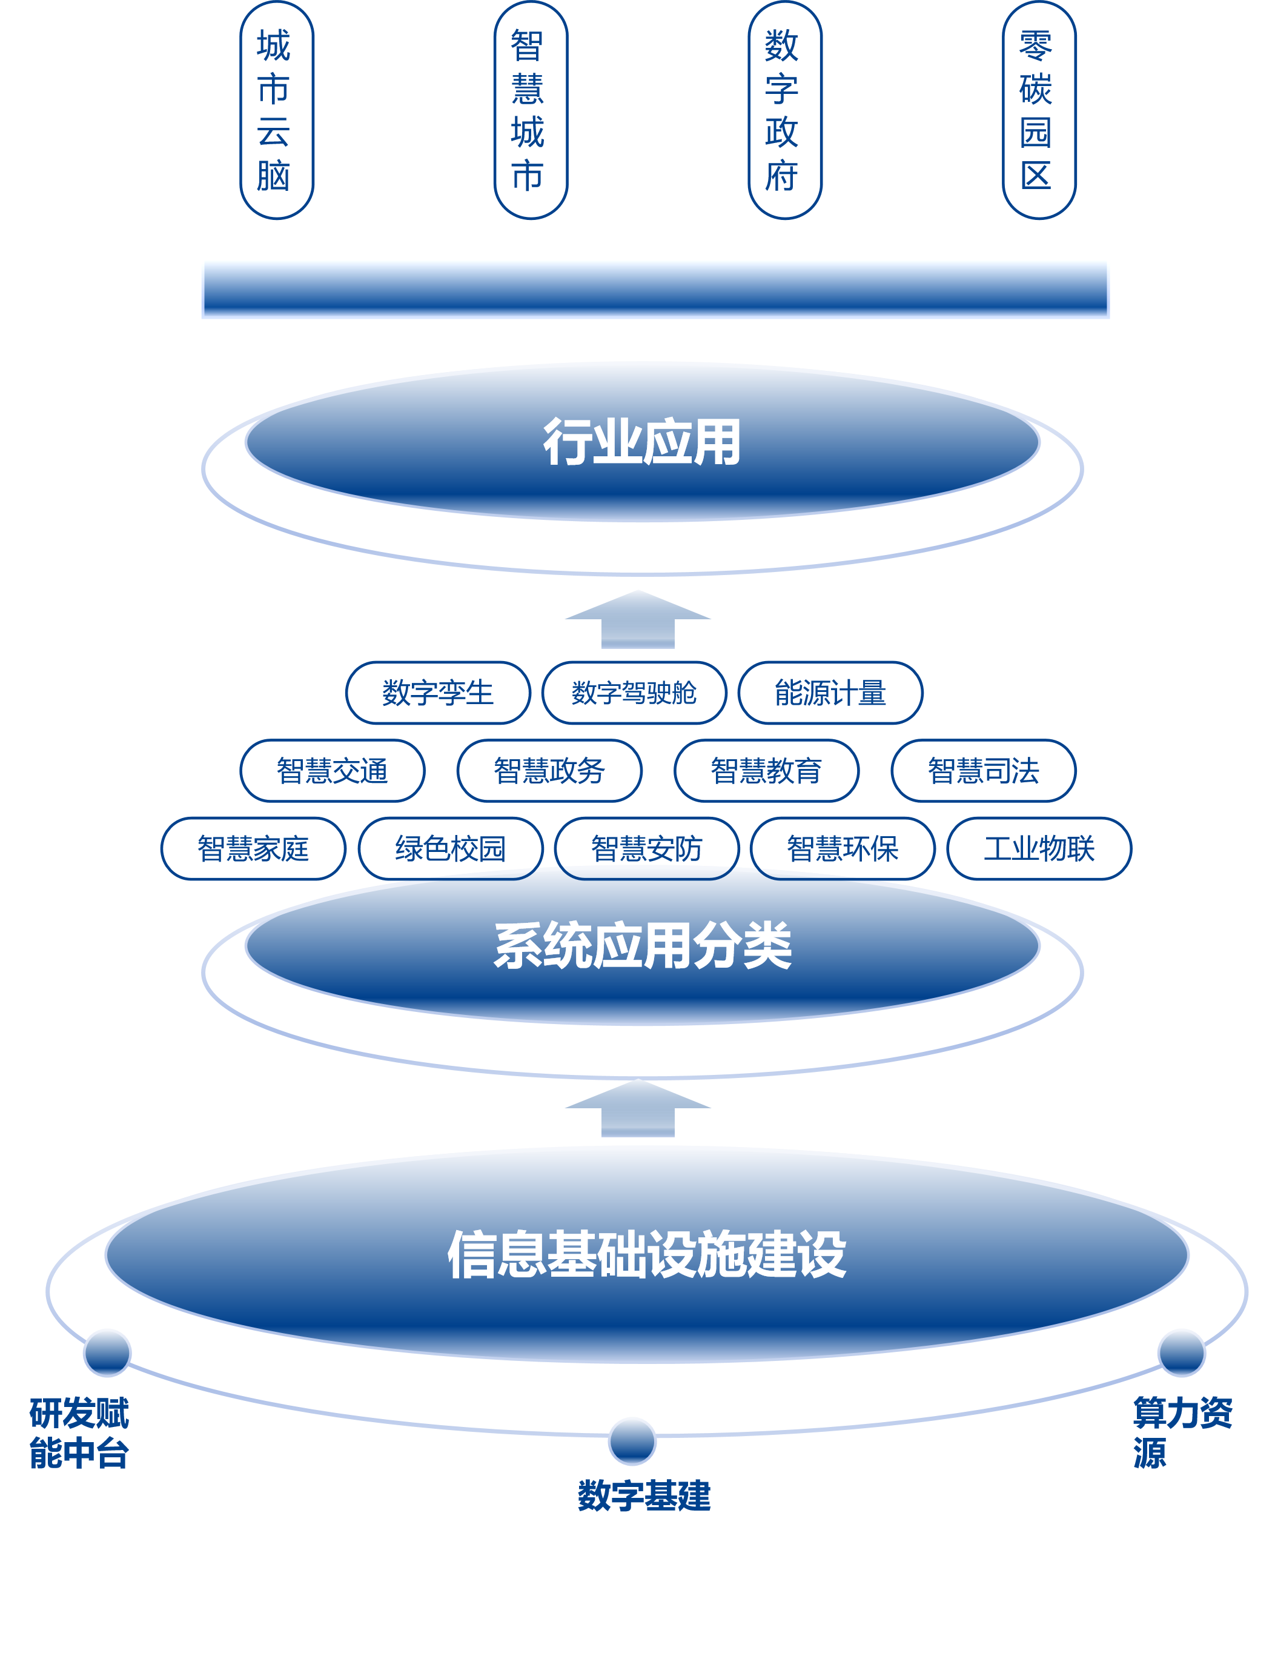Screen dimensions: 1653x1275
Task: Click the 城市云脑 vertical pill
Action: point(276,110)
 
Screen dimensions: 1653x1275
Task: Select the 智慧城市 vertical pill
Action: point(531,110)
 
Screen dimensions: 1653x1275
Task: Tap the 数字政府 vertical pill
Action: point(784,110)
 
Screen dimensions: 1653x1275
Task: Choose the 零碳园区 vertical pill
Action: point(1039,110)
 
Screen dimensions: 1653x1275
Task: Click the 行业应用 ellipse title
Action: point(641,442)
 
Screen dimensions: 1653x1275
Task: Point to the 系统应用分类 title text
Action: point(641,945)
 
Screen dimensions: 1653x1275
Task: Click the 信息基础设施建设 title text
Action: point(646,1255)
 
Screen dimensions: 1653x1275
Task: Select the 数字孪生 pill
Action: point(438,693)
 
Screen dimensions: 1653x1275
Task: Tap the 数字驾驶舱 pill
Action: point(634,693)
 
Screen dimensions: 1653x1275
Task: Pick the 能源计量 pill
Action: point(830,693)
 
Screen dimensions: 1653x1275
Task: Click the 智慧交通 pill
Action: point(332,771)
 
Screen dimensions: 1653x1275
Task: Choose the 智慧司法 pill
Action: point(983,771)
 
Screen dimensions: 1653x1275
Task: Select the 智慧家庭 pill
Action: point(254,848)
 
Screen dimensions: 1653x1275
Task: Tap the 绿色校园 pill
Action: point(450,848)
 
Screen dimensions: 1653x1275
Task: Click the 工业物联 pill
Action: point(1039,848)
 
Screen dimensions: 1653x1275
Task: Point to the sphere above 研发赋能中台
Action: point(107,1352)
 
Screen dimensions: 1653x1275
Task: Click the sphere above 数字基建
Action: point(632,1440)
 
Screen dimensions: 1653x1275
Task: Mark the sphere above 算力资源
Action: point(1181,1352)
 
